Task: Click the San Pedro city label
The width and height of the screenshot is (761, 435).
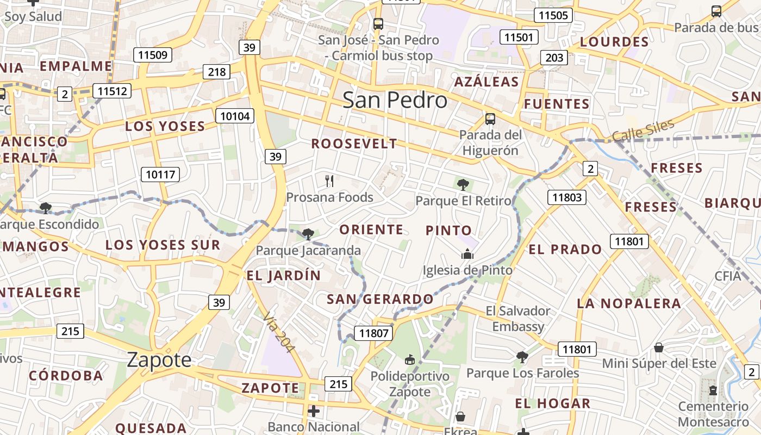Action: pos(395,100)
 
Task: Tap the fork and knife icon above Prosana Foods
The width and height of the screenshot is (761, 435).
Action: pos(329,181)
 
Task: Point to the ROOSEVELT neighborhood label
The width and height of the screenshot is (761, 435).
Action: pos(354,144)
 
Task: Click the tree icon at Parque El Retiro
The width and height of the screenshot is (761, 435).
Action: pos(463,184)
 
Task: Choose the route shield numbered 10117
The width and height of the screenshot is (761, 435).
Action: pos(160,175)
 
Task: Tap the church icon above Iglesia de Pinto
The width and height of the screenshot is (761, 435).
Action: pos(467,254)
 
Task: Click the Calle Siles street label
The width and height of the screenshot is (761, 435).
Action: pos(643,131)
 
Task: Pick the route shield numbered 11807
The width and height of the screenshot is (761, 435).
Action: pos(373,333)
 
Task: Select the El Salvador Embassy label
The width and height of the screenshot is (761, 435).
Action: pos(518,319)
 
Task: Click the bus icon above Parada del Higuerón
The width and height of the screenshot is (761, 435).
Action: pos(490,119)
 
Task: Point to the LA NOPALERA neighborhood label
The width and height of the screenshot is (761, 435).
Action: pos(629,303)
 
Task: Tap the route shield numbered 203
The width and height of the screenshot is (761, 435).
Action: pos(554,58)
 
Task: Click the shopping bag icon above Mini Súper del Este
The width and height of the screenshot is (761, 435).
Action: pos(659,347)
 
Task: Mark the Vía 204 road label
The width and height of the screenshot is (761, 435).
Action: pos(278,332)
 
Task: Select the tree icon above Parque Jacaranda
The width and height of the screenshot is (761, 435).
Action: pos(308,234)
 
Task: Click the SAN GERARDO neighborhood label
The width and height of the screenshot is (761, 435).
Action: pos(380,299)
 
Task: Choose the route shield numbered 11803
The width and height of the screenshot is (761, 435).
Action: pos(567,197)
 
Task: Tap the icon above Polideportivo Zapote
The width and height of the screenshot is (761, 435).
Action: pos(410,360)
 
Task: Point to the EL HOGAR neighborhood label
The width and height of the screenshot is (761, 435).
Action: pos(552,403)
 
